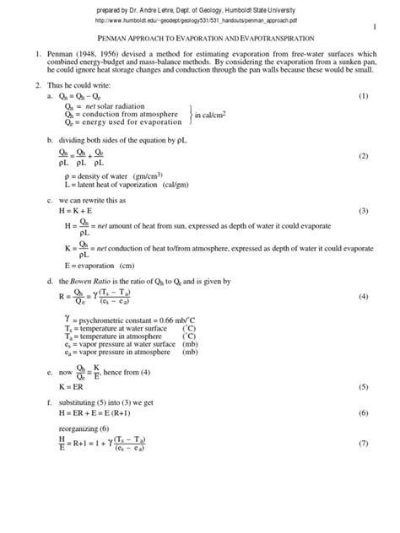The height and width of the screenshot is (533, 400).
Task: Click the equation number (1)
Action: [364, 97]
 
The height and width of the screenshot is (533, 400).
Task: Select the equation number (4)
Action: [364, 298]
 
